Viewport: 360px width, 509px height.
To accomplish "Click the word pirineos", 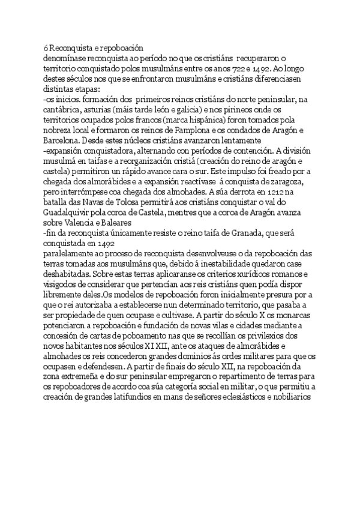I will tap(224, 114).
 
